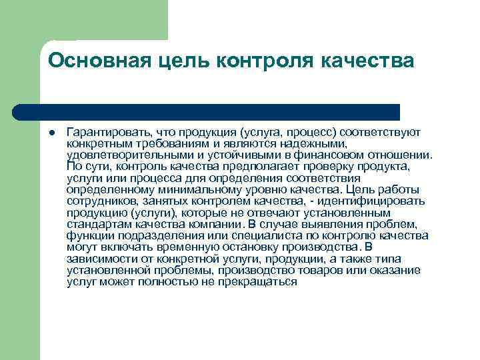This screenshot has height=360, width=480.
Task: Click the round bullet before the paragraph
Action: [x=51, y=132]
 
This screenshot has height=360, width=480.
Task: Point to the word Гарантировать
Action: [x=106, y=132]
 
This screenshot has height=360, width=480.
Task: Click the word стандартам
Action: [x=95, y=223]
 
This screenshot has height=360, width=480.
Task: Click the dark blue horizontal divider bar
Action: [x=207, y=111]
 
